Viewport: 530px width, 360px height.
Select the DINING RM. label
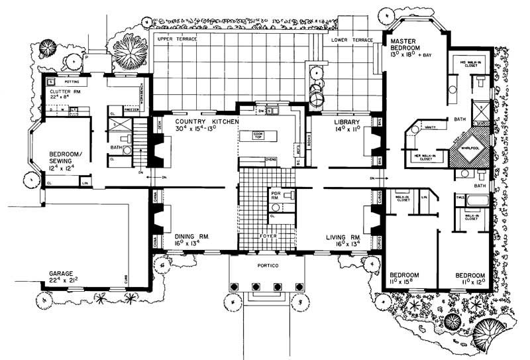click(x=192, y=235)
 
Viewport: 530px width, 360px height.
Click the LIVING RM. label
click(x=343, y=235)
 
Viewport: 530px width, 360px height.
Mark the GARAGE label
click(x=64, y=272)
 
